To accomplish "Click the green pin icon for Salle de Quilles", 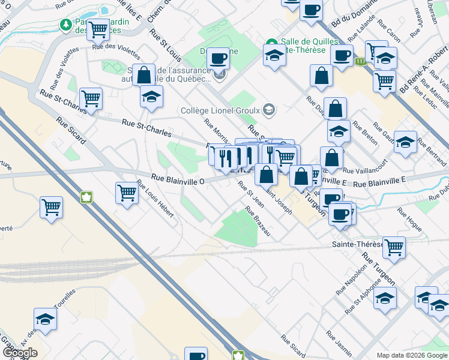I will pos(271,43).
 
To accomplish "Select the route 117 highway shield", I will pos(360,61).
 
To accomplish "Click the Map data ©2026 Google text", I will pos(412,355).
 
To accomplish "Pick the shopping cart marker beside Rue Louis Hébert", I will pos(127,193).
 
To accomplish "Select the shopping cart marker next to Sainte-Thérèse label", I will pos(394,246).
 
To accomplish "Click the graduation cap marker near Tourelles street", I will pos(45,318).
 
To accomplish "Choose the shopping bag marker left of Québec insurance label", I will pos(143,75).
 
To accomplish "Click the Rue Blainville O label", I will pos(178,178).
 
